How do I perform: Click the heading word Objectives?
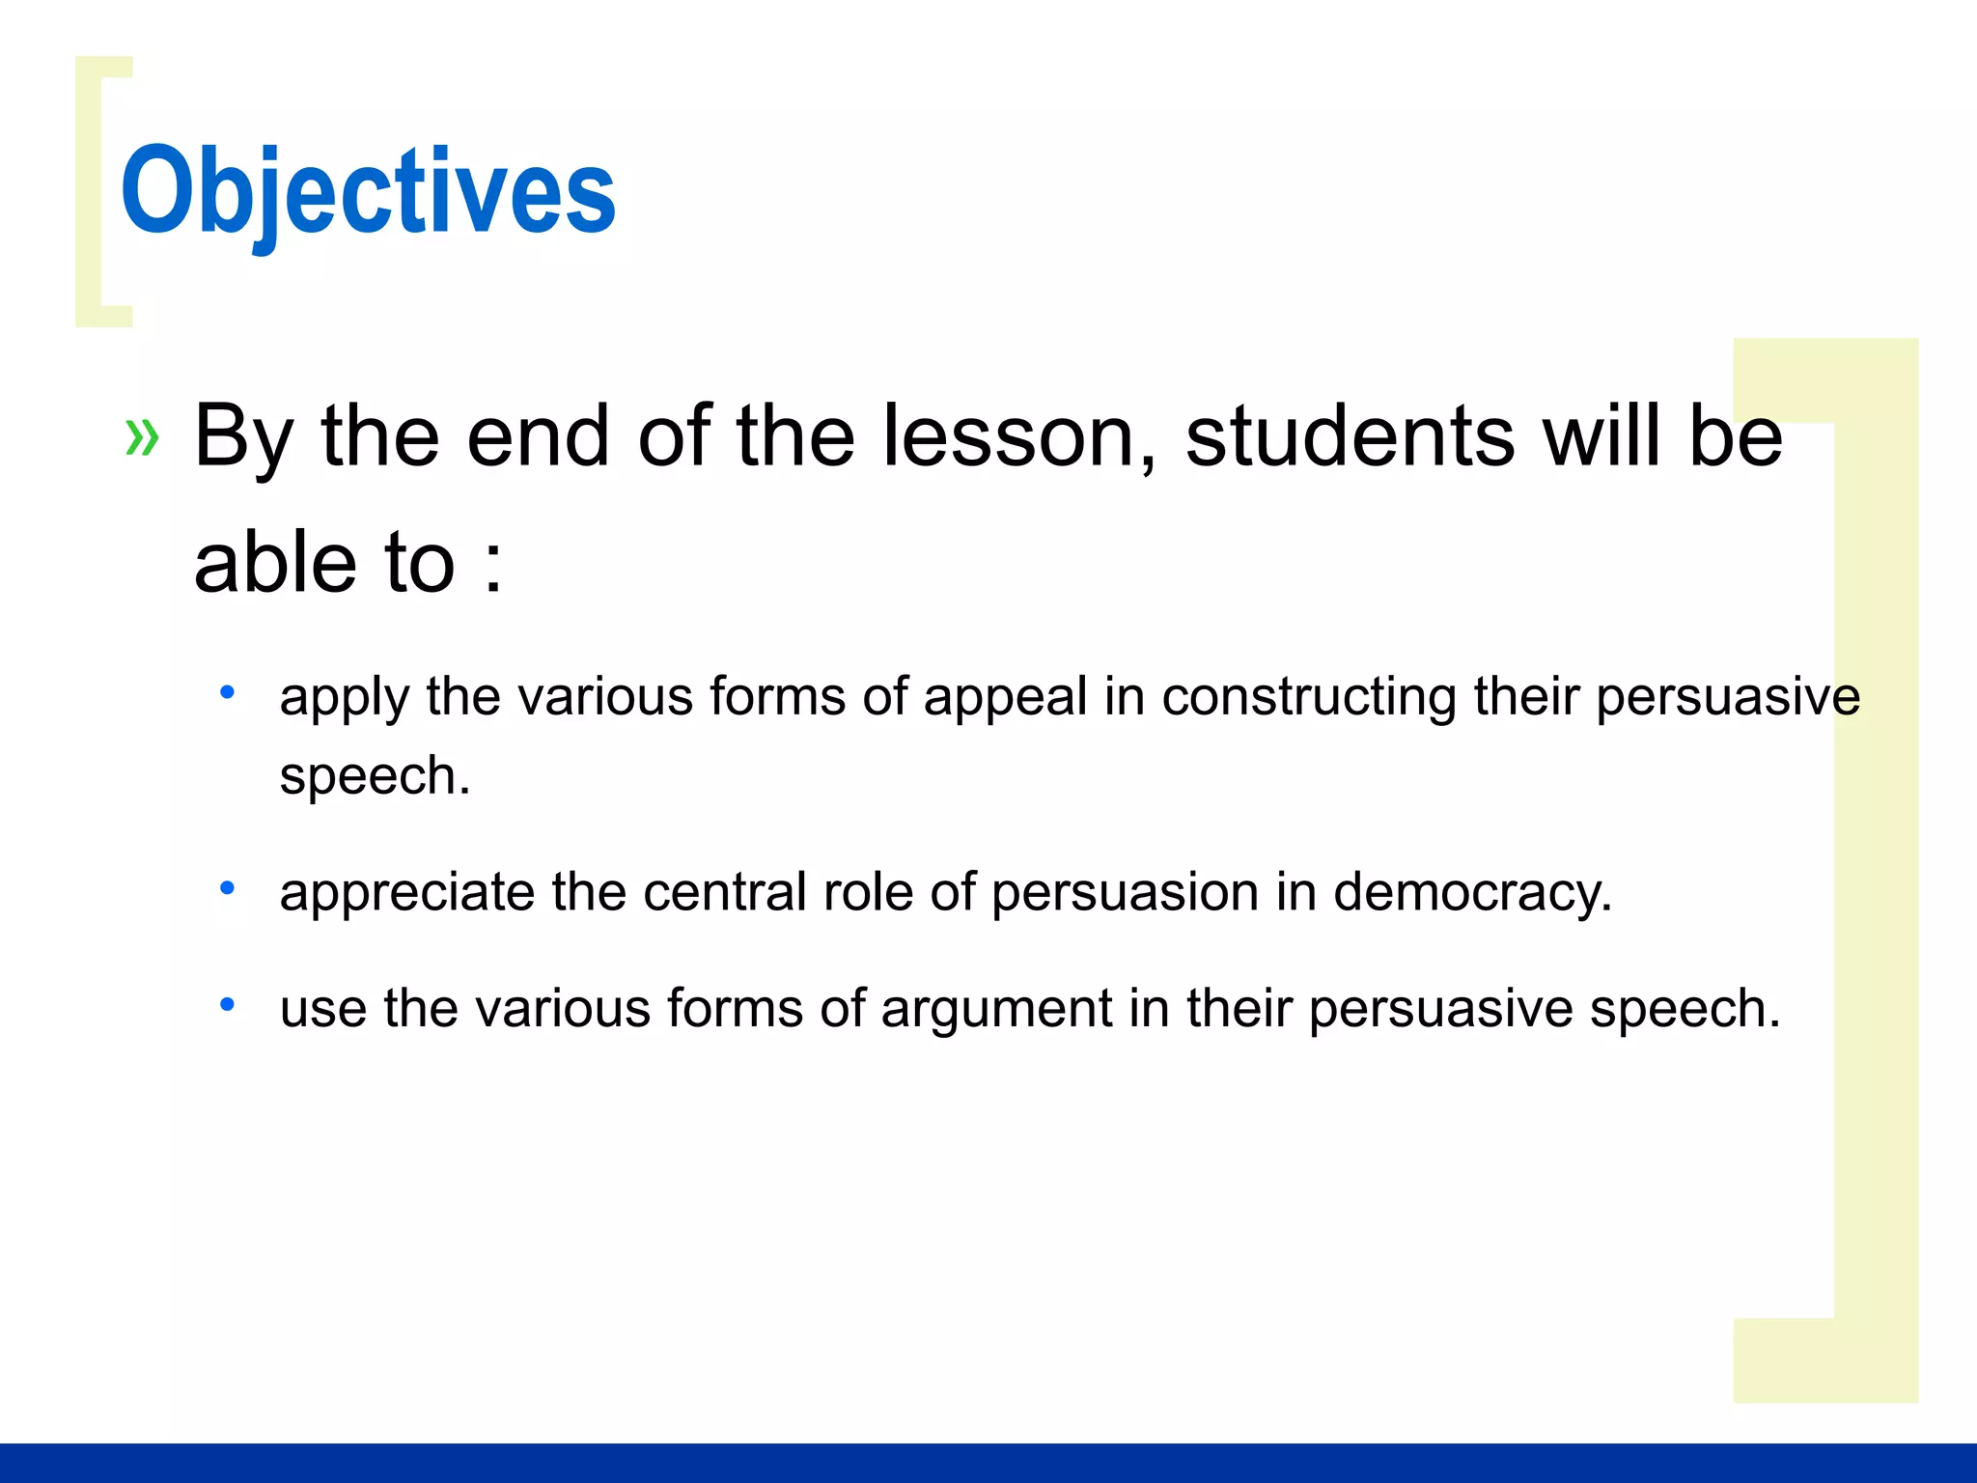[368, 191]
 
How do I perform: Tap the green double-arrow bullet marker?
[142, 437]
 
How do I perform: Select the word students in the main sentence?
[1350, 437]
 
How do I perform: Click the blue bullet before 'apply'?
[227, 691]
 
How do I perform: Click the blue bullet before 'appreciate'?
[227, 887]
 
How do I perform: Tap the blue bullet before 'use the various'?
[227, 1005]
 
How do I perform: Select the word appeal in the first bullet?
[1005, 698]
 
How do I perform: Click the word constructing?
[1309, 698]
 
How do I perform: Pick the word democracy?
[1471, 893]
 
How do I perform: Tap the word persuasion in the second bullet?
[1125, 893]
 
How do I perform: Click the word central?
[724, 893]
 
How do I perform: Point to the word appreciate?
[406, 893]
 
